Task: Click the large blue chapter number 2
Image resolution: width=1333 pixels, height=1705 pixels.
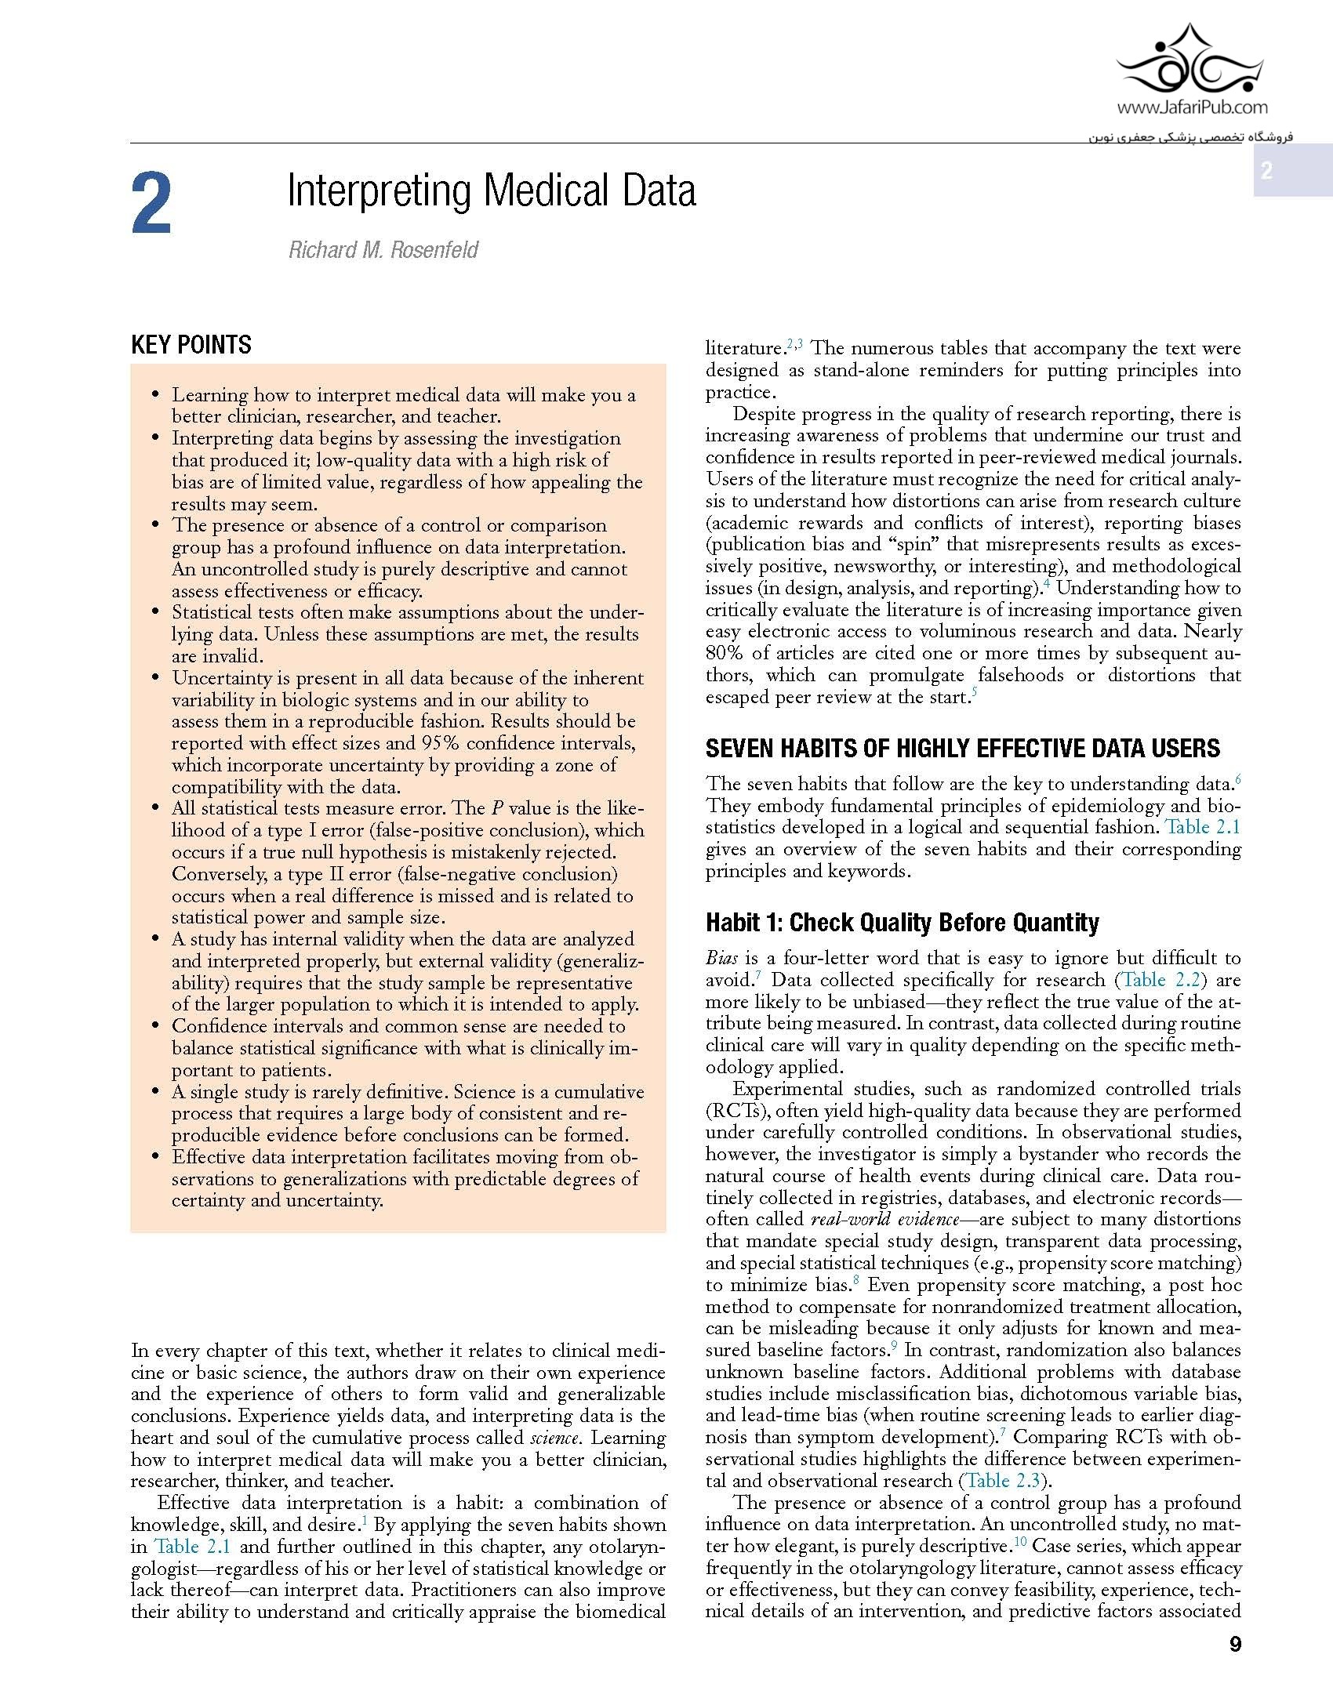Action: tap(152, 206)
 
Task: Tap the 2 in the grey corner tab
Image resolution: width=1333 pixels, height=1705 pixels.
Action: tap(1266, 171)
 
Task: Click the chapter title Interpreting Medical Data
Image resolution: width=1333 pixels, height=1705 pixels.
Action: tap(492, 190)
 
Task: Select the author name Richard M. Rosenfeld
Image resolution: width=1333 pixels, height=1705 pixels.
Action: tap(383, 250)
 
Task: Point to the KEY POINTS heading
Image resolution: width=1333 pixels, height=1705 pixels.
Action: tap(191, 345)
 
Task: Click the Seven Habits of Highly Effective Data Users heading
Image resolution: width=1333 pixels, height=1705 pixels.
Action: tap(962, 749)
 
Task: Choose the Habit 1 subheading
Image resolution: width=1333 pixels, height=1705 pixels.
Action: tap(902, 923)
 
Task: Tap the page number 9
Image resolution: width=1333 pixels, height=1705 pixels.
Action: tap(1236, 1644)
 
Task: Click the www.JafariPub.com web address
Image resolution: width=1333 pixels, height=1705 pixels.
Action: tap(1192, 107)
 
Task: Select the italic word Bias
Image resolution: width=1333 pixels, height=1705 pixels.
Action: tap(721, 958)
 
